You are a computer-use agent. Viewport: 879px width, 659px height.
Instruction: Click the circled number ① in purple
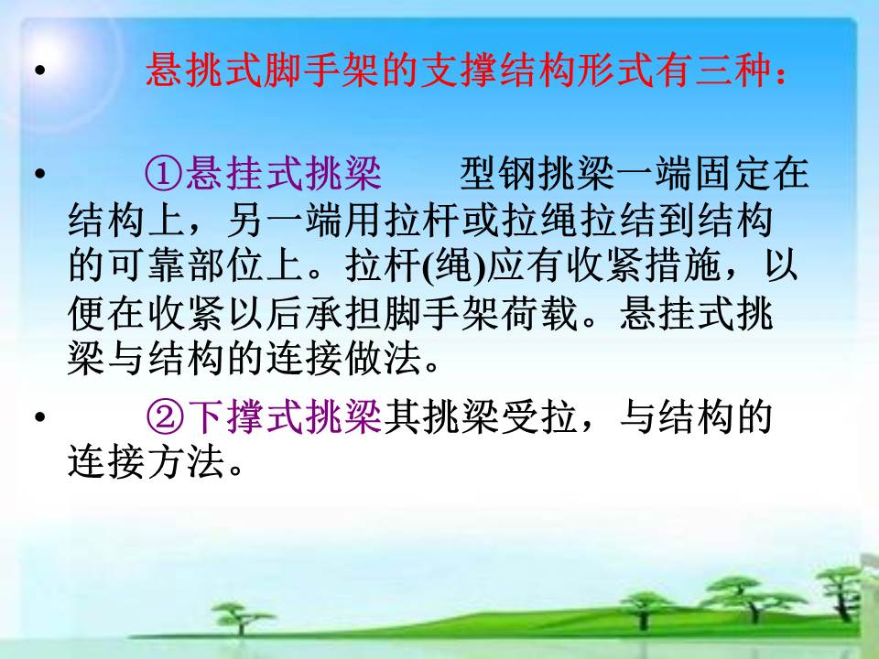pos(164,174)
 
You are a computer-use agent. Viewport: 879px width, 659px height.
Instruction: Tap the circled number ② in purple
pos(164,417)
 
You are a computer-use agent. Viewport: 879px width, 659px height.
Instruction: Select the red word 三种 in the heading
pos(733,70)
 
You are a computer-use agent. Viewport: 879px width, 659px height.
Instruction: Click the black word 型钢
pos(498,174)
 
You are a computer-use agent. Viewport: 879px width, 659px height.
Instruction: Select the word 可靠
pos(146,265)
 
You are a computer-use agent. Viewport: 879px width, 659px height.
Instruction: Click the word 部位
pos(224,265)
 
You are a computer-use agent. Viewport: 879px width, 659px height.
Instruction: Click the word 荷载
pos(537,313)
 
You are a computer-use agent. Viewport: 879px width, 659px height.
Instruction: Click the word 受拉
pos(537,417)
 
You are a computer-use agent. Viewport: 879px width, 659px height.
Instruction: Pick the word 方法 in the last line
pos(185,462)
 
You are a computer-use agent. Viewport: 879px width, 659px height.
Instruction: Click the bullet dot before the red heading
pos(39,70)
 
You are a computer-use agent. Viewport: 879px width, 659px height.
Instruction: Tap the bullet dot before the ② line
pos(39,417)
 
